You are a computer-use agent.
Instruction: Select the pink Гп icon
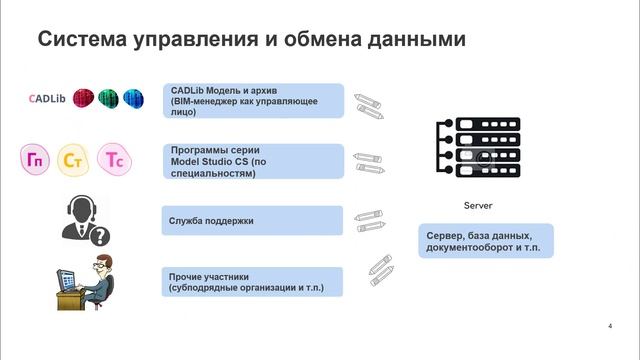(37, 158)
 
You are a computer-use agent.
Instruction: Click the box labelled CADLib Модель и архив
(253, 101)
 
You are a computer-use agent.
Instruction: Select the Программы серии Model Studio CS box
(253, 160)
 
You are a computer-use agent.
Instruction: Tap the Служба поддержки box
(253, 219)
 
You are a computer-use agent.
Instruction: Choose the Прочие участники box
(253, 281)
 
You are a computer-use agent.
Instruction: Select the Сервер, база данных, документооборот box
(486, 240)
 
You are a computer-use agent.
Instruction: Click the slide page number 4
(610, 327)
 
